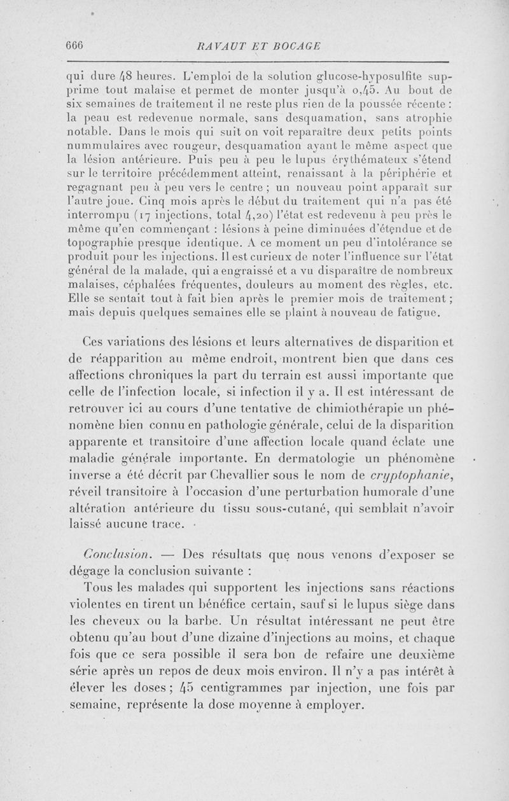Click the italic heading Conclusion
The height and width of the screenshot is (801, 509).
(x=114, y=555)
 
